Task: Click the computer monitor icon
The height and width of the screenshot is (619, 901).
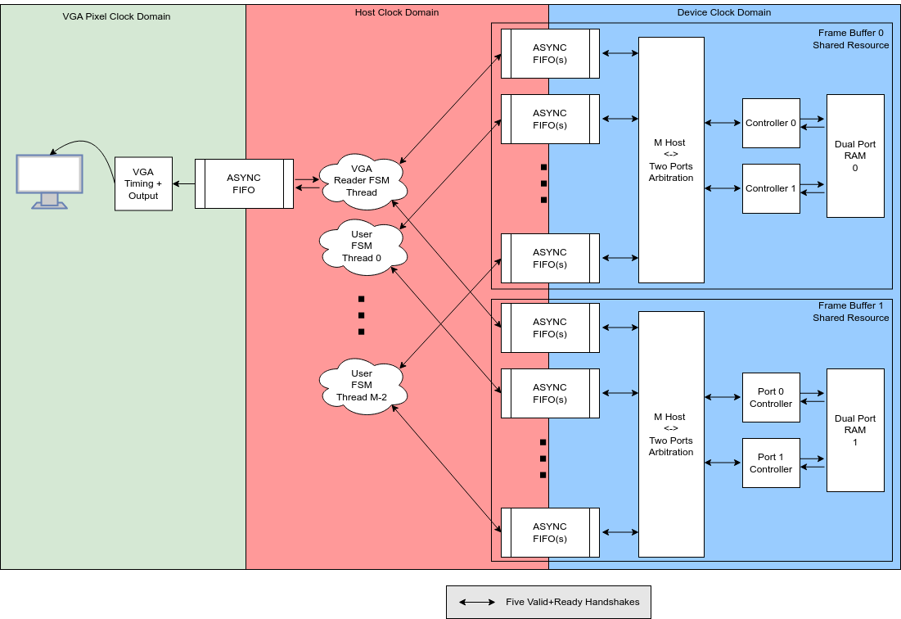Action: (50, 181)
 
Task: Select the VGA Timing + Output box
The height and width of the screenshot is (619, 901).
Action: (143, 183)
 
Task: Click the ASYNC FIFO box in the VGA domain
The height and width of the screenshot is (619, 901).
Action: (244, 183)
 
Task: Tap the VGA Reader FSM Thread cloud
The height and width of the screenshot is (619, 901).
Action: (362, 180)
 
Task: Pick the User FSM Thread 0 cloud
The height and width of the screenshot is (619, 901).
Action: (362, 246)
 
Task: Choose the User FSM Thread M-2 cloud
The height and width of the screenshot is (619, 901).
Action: (361, 386)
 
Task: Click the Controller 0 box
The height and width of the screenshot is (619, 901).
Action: (771, 124)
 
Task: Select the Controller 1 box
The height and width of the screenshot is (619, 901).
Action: (771, 189)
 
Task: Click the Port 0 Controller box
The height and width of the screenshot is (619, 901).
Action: (771, 398)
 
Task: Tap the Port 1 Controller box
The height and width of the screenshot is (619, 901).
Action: (771, 463)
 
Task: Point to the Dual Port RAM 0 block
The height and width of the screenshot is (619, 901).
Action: (855, 156)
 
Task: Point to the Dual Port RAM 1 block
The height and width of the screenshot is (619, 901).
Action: (855, 430)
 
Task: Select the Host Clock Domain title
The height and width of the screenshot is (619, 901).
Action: (397, 12)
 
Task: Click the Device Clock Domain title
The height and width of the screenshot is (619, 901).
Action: (724, 12)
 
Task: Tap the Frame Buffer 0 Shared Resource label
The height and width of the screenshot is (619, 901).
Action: (850, 39)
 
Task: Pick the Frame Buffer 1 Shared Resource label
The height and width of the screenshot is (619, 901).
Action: (850, 312)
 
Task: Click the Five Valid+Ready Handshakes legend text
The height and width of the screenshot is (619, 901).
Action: (573, 602)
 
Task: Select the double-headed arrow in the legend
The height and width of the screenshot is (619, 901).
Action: (476, 602)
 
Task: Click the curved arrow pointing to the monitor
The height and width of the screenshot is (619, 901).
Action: (86, 148)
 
